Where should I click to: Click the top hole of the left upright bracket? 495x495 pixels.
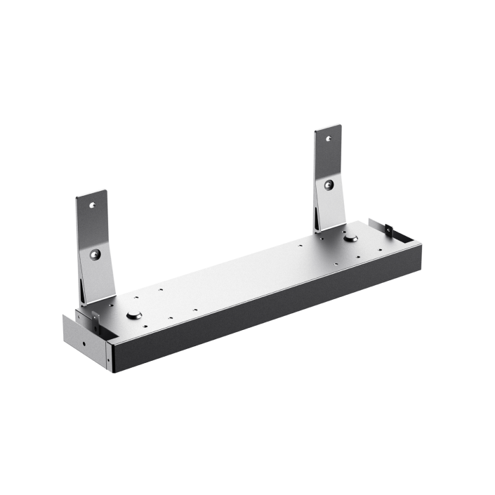[92, 206]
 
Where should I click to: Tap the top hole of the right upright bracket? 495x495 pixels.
[326, 139]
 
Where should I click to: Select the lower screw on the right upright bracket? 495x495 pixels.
[329, 185]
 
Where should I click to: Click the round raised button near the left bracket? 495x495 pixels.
[135, 316]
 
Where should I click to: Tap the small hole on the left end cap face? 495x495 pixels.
[84, 344]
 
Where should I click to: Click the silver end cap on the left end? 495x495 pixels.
[84, 341]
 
